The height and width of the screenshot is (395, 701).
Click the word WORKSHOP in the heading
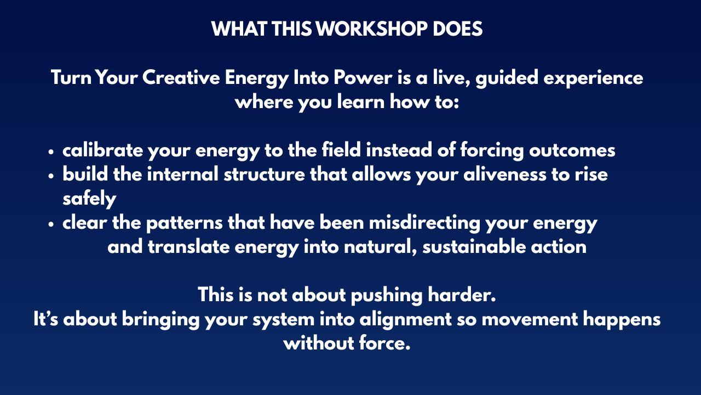372,29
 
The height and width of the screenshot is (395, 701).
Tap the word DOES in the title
457,29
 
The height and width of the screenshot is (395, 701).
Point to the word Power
363,77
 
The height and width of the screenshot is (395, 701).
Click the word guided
507,78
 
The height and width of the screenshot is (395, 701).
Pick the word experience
593,78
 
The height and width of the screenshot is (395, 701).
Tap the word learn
361,102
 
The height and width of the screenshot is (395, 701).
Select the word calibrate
103,150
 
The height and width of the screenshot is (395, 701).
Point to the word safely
89,199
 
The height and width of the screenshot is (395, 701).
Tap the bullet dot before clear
51,225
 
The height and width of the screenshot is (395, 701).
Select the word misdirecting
424,223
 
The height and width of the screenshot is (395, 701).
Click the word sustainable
474,247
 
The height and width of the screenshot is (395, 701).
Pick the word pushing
387,296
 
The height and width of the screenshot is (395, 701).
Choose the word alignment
405,320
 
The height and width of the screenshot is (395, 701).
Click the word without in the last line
319,343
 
